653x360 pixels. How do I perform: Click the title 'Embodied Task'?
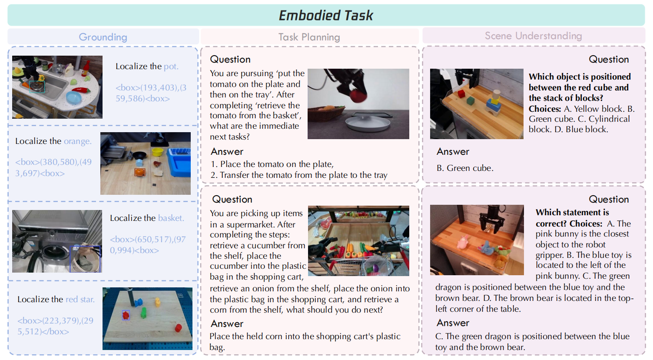click(326, 16)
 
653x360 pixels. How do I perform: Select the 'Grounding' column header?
click(103, 37)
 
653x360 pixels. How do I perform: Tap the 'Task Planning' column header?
click(309, 37)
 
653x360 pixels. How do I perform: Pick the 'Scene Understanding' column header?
click(533, 36)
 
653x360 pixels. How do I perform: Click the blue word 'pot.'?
click(171, 67)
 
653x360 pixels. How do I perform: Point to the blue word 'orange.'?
click(77, 141)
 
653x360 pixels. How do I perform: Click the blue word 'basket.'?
click(171, 218)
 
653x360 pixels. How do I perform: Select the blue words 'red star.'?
click(80, 299)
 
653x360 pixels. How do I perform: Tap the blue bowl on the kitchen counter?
click(73, 97)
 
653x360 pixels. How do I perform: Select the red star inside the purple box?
click(126, 315)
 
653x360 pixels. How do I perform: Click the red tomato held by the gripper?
click(358, 95)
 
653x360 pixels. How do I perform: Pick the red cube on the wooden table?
click(461, 93)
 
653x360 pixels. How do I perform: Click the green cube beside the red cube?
click(471, 101)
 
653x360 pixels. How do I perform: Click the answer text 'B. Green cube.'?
click(465, 168)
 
